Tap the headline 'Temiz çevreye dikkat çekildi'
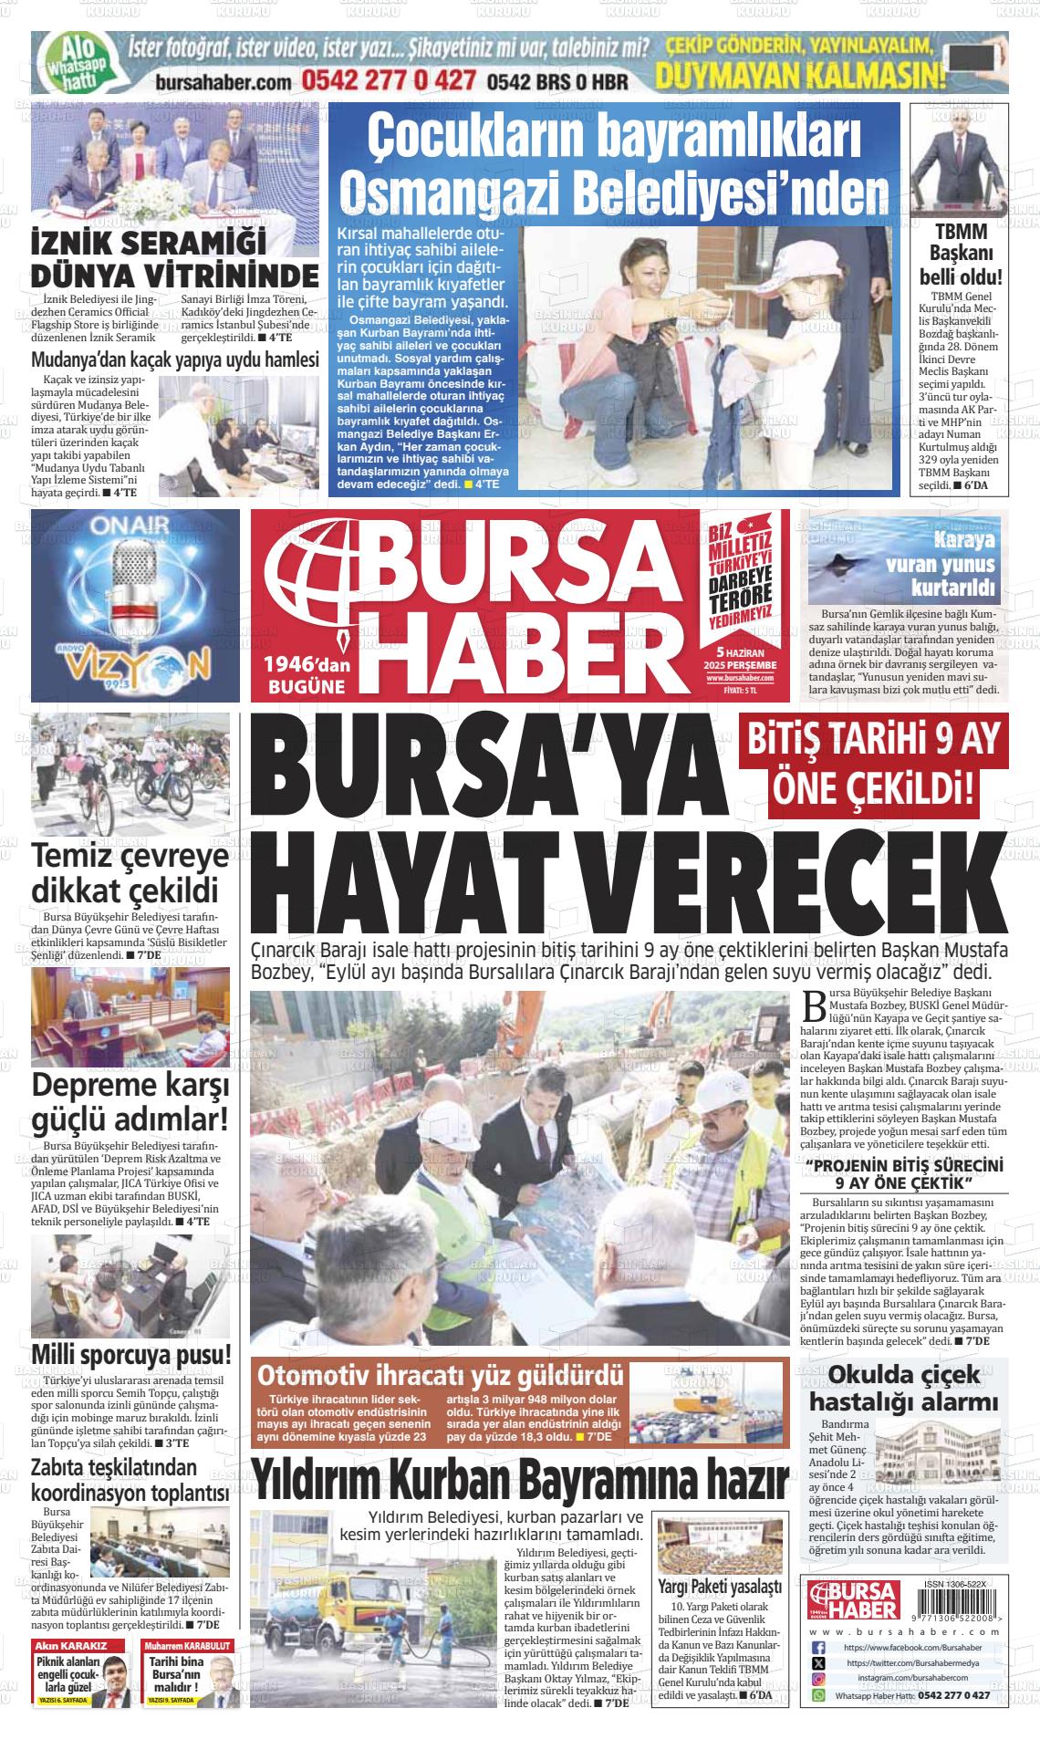pos(130,873)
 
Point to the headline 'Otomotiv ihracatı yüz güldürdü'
pos(442,1375)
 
